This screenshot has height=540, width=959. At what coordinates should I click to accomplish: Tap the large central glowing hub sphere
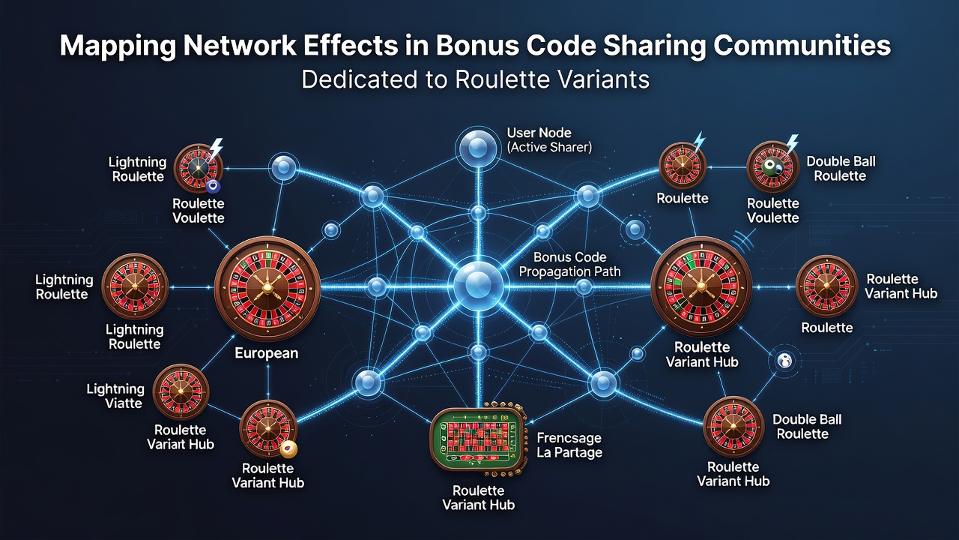point(478,284)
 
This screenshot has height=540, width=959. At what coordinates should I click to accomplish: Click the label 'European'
point(266,353)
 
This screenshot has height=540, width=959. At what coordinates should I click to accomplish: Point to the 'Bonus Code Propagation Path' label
point(569,264)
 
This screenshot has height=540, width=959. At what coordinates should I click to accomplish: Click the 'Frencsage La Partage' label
point(569,445)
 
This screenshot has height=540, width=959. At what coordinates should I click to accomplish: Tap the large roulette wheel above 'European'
point(267,288)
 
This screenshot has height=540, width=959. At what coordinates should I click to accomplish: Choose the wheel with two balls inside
point(772,168)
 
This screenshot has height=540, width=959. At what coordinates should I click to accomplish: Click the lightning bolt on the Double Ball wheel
point(792,144)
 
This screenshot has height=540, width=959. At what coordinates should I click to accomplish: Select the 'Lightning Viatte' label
point(115,396)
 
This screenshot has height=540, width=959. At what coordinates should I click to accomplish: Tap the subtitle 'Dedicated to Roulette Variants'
point(475,79)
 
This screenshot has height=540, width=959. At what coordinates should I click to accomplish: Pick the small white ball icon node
point(785,361)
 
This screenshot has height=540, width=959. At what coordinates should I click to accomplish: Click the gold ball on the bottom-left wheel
point(289,449)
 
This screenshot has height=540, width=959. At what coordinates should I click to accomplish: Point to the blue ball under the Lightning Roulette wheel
point(213,187)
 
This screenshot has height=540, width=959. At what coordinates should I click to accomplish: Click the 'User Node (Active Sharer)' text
point(549,139)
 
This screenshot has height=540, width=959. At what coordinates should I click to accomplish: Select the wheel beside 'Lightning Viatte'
point(181,391)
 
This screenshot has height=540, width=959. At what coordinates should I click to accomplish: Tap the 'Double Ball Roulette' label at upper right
point(841,169)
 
